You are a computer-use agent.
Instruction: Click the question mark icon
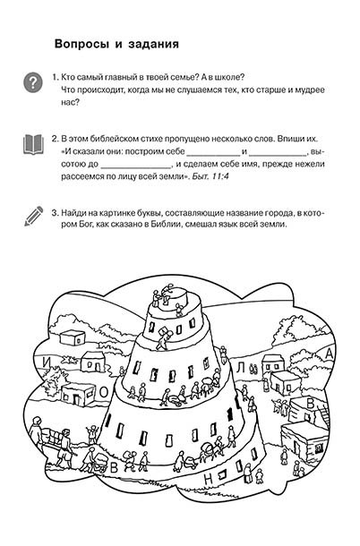pyautogui.click(x=33, y=83)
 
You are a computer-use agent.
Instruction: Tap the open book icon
pyautogui.click(x=33, y=145)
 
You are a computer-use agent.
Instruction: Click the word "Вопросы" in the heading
pyautogui.click(x=81, y=44)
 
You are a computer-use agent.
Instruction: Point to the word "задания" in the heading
pyautogui.click(x=153, y=45)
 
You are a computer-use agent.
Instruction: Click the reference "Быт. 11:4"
pyautogui.click(x=210, y=176)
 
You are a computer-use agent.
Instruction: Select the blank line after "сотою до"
pyautogui.click(x=136, y=167)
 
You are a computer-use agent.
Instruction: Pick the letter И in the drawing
pyautogui.click(x=47, y=363)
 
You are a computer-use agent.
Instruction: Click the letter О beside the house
pyautogui.click(x=104, y=393)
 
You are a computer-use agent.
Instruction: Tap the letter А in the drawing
pyautogui.click(x=329, y=354)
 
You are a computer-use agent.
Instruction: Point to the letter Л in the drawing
pyautogui.click(x=241, y=367)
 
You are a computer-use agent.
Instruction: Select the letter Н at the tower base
pyautogui.click(x=208, y=479)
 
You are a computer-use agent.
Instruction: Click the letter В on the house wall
pyautogui.click(x=310, y=404)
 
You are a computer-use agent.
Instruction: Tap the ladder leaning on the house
pyautogui.click(x=324, y=415)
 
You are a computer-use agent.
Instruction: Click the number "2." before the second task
pyautogui.click(x=55, y=139)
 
